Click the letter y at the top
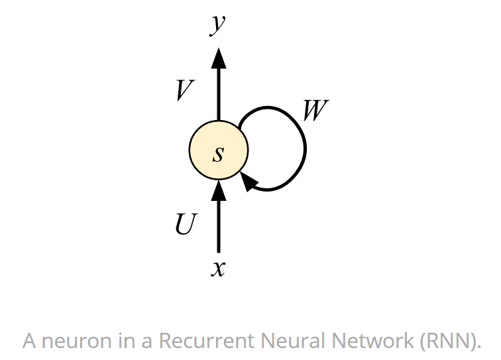pos(217,25)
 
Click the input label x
pos(218,269)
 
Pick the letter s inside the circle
pos(218,154)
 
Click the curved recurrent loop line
pos(304,149)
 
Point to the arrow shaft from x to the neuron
pos(218,225)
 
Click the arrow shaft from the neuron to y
pos(218,93)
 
